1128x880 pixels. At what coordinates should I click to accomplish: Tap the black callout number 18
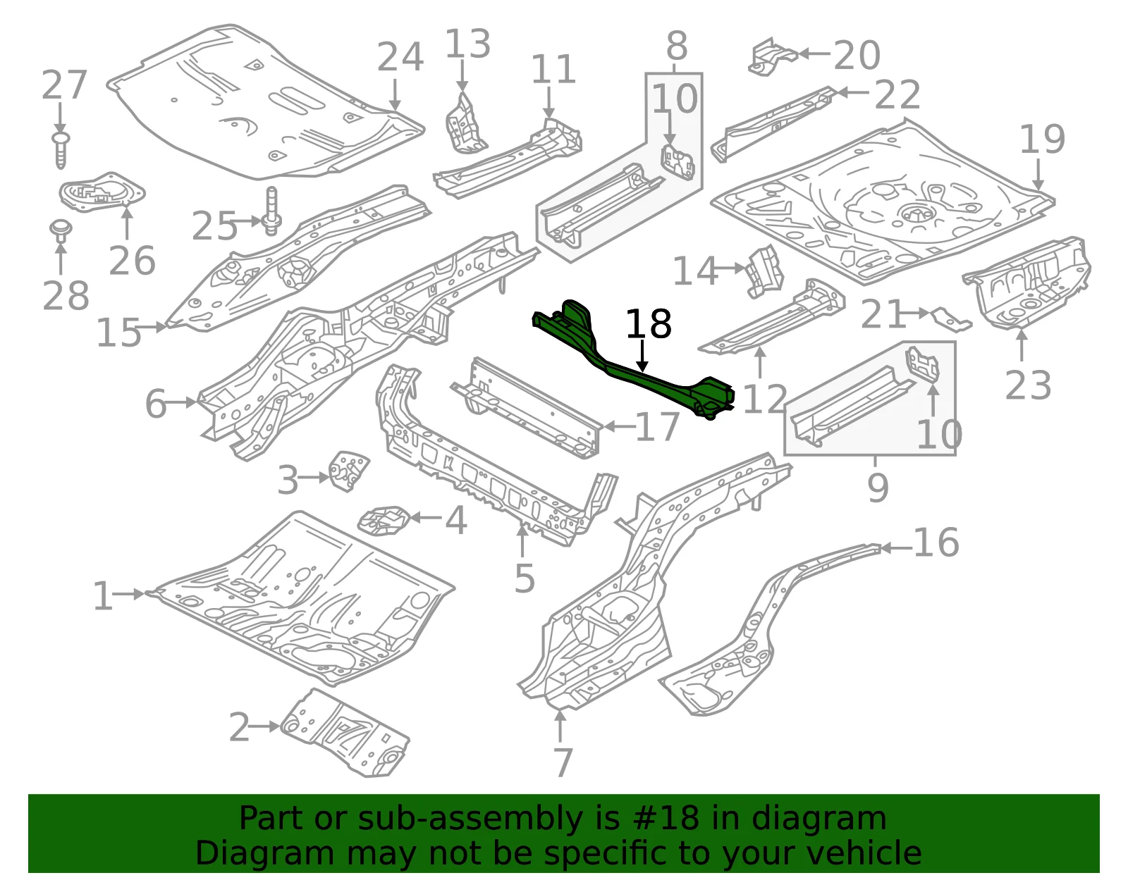tap(649, 324)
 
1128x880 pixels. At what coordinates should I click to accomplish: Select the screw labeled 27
tap(61, 150)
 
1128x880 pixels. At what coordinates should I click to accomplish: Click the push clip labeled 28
tap(61, 231)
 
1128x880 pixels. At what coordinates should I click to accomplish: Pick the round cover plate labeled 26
tap(102, 192)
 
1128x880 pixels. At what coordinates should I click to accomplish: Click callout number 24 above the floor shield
tap(400, 57)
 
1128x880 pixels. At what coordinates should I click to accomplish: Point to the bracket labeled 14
tap(764, 272)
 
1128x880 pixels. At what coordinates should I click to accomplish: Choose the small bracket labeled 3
tap(348, 471)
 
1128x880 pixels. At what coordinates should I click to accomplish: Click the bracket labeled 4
tap(384, 521)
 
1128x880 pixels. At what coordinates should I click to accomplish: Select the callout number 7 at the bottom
tap(563, 762)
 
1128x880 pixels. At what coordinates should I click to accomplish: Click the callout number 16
tap(936, 543)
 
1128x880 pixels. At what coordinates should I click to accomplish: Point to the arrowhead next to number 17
tap(609, 426)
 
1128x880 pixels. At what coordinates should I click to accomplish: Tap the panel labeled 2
tap(345, 733)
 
